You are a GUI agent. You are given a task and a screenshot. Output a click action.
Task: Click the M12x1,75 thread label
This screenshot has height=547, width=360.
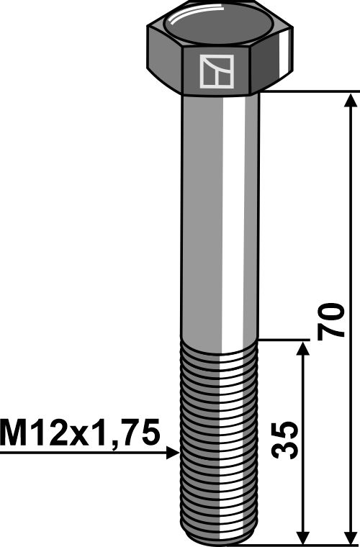[x=79, y=434]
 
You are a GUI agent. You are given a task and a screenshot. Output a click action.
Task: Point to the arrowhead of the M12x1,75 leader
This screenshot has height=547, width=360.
[x=174, y=453]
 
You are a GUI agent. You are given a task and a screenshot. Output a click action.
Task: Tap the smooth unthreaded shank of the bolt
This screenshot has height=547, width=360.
[x=220, y=216]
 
